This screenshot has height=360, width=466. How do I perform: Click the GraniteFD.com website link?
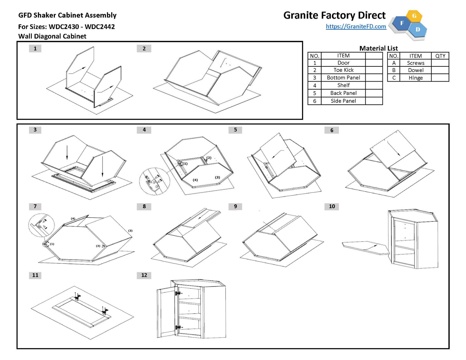[x=356, y=26]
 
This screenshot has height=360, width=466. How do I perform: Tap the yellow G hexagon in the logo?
[x=414, y=16]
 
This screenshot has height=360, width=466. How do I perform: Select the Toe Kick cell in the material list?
[x=343, y=70]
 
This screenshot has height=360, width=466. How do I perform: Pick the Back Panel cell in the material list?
[x=343, y=93]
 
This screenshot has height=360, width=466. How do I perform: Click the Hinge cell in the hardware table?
[x=415, y=78]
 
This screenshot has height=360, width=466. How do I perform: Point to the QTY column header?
[x=440, y=56]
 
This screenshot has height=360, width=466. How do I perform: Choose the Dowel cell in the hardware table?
[x=415, y=70]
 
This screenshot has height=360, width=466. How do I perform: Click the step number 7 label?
[x=35, y=206]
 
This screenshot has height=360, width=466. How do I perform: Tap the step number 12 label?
[x=144, y=275]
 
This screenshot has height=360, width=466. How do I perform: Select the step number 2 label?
[x=144, y=49]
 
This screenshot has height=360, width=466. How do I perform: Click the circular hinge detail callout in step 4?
[x=154, y=181]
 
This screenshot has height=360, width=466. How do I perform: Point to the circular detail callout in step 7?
[x=41, y=225]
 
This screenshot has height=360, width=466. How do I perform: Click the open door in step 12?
[x=166, y=313]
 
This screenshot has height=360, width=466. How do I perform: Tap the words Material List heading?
[x=378, y=48]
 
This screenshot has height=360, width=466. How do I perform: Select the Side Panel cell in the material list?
[x=343, y=101]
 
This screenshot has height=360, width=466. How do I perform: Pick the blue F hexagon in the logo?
[x=402, y=23]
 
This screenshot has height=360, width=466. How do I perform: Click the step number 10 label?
[x=332, y=206]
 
